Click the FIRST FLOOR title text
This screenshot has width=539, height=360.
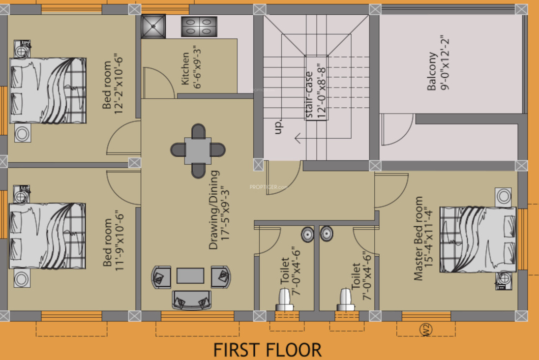tap(267, 350)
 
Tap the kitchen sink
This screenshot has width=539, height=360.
tap(153, 27)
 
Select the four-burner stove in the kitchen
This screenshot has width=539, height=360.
tap(199, 27)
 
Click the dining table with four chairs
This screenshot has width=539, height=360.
tap(198, 150)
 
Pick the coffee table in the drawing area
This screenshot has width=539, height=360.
tap(190, 275)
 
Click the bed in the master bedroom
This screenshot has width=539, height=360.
tap(478, 239)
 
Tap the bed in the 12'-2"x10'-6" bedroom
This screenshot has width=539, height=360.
tap(48, 90)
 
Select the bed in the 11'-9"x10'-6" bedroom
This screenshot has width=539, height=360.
tap(47, 236)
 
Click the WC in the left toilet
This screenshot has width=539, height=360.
tap(284, 299)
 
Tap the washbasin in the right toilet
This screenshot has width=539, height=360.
tap(327, 234)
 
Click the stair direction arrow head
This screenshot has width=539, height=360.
tap(297, 139)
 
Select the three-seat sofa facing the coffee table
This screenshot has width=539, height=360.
tap(191, 300)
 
